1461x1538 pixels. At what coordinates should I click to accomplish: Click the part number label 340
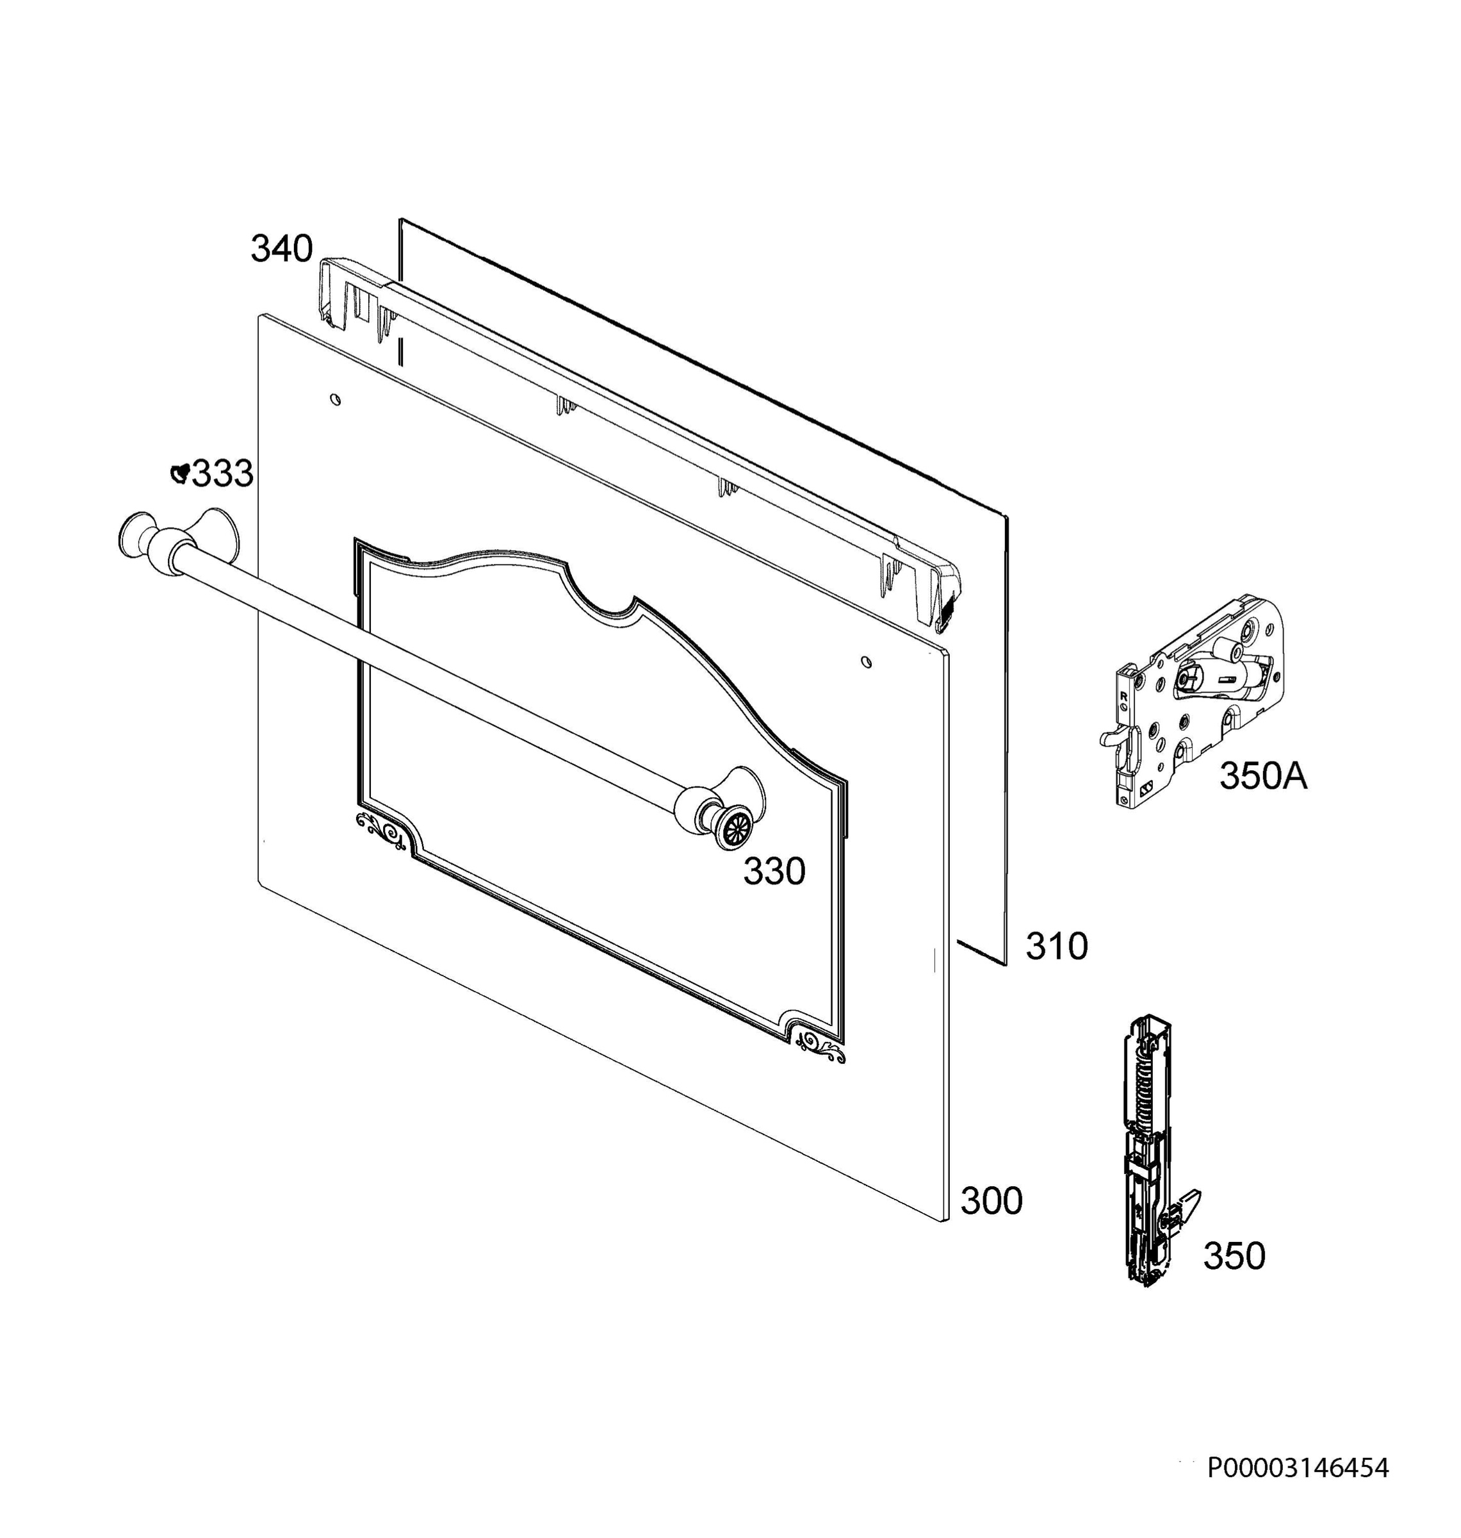[x=281, y=249]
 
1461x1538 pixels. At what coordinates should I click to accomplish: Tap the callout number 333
[x=223, y=474]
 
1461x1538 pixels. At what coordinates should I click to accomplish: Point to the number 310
[x=1056, y=947]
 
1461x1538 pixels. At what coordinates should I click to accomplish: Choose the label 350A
[x=1263, y=776]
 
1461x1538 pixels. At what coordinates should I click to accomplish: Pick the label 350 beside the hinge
[x=1234, y=1257]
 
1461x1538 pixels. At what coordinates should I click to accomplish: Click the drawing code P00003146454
[x=1298, y=1469]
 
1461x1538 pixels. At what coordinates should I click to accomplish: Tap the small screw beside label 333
[x=181, y=472]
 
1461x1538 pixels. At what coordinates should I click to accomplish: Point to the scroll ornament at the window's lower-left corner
[x=380, y=830]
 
